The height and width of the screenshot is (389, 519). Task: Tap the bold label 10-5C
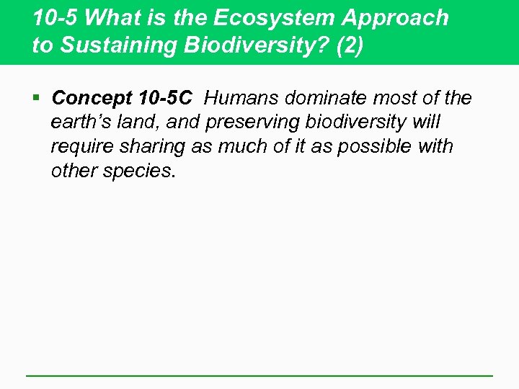[x=164, y=97]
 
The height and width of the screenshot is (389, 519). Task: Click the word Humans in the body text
[x=239, y=97]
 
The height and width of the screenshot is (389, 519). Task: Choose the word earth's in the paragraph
[x=80, y=122]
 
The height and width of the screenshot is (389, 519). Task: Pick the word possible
[x=373, y=146]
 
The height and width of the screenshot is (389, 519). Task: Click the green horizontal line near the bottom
[x=259, y=375]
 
